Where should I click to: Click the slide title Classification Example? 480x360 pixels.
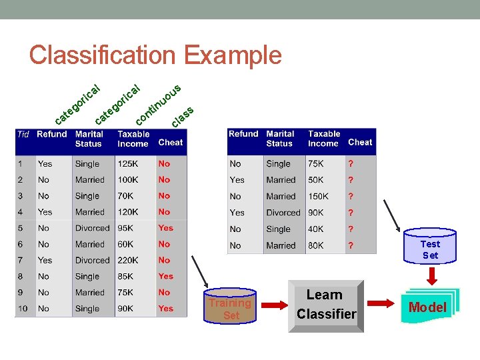point(155,55)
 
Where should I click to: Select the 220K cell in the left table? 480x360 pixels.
point(128,260)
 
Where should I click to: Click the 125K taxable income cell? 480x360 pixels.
point(128,163)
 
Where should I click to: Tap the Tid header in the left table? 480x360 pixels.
point(23,134)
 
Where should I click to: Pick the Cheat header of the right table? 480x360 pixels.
point(360,142)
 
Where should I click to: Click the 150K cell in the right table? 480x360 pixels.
point(318,197)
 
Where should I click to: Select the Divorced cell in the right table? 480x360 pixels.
point(283,213)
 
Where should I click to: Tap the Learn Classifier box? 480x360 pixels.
point(327,305)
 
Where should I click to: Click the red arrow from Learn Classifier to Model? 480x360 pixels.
point(382,304)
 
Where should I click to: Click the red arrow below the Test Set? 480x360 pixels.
point(431,275)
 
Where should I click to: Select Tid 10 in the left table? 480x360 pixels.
point(23,309)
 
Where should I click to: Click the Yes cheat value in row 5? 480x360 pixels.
point(166,228)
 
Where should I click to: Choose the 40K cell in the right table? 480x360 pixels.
point(316,229)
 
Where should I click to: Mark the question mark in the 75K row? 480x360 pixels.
point(351,164)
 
